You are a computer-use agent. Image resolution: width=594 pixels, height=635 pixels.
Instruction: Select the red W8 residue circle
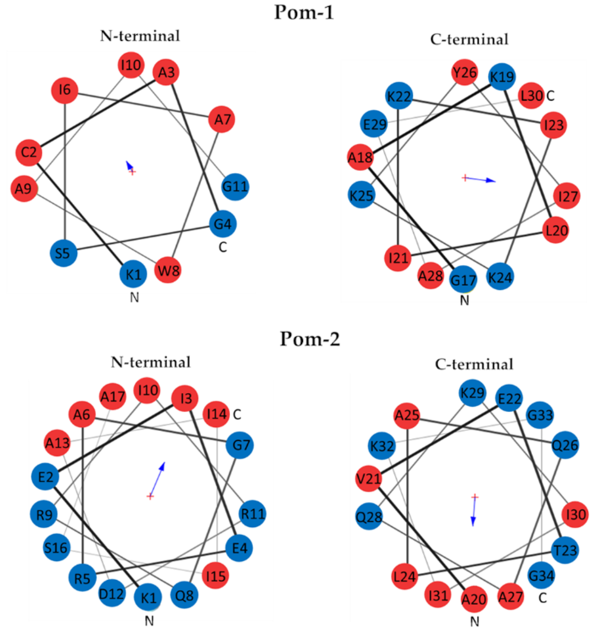tap(168, 270)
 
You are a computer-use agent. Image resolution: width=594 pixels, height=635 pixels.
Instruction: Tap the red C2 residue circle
tap(29, 152)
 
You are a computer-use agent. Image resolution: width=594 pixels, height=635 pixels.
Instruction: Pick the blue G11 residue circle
tap(235, 186)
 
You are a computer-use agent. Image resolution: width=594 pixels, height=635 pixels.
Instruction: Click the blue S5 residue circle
tap(63, 253)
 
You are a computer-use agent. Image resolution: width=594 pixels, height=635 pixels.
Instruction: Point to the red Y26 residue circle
tap(465, 73)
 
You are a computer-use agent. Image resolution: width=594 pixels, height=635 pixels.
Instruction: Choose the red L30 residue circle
tap(531, 95)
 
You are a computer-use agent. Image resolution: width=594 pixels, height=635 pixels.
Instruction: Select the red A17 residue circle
tap(113, 396)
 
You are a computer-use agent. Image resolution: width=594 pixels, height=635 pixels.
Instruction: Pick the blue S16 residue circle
tap(57, 547)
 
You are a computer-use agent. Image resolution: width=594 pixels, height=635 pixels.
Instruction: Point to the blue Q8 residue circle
tap(184, 595)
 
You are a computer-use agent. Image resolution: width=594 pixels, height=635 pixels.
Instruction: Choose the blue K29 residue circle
tap(472, 393)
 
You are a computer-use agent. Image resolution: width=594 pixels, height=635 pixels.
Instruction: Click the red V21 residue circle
tap(369, 479)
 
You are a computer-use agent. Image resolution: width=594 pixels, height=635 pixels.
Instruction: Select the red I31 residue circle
tap(438, 595)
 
